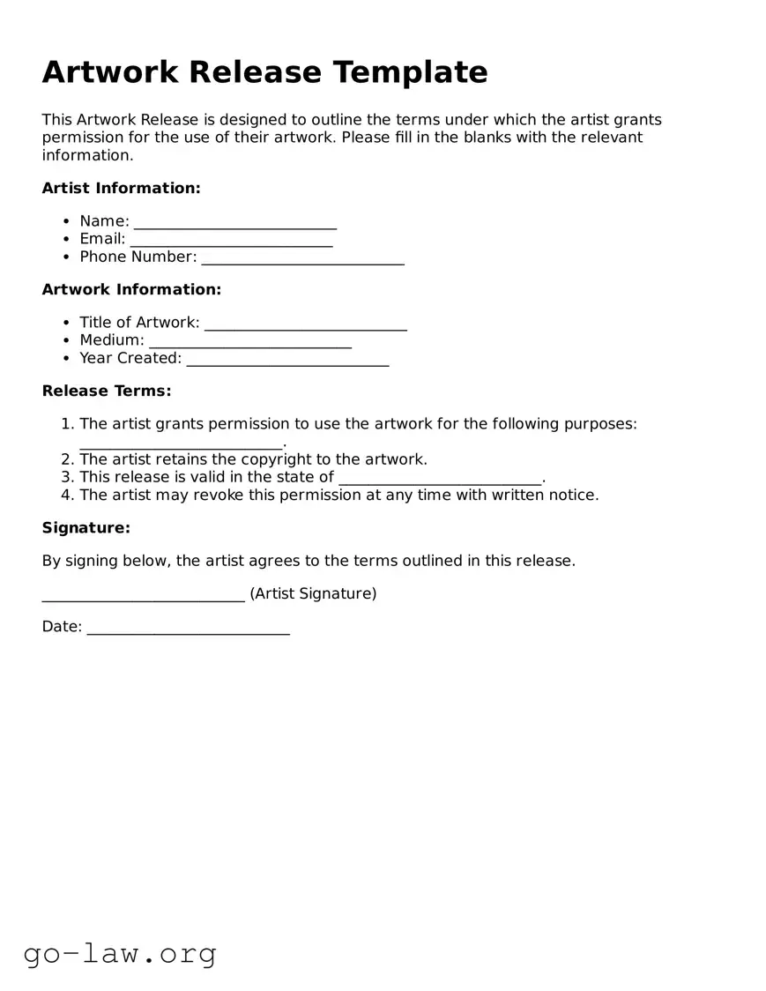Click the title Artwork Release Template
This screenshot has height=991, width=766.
264,71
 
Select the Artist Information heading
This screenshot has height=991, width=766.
122,188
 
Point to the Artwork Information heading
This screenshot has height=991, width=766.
131,289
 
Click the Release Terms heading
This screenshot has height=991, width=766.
107,391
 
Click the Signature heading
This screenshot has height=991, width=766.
86,527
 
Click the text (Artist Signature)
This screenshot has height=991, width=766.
313,593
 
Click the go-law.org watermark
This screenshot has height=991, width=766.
120,953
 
